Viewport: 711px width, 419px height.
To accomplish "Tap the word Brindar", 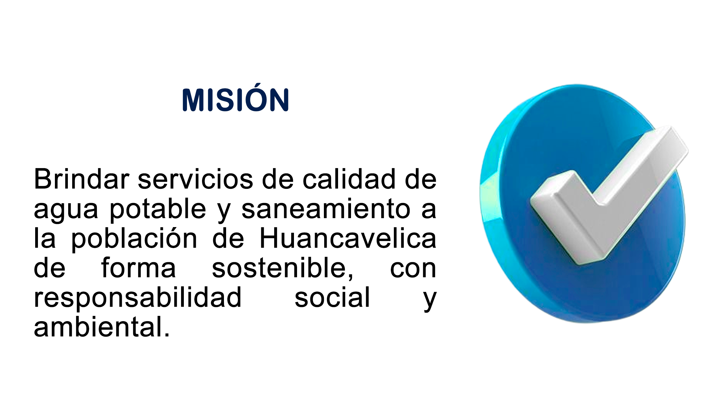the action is (x=82, y=179).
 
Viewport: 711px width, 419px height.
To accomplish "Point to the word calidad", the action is (x=349, y=179).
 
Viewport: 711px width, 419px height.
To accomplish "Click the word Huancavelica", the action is (x=348, y=238).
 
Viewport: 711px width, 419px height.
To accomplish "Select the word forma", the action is (x=138, y=268).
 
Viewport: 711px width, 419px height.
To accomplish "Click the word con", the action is (x=413, y=270).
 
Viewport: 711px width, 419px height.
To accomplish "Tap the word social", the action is (x=332, y=297).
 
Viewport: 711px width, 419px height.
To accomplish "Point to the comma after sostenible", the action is (x=350, y=277).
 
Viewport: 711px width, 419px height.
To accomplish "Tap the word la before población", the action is (x=45, y=238).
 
